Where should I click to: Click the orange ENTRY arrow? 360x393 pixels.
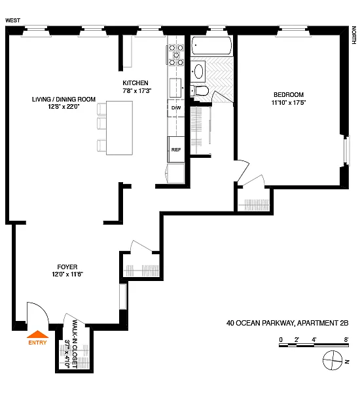(x=37, y=334)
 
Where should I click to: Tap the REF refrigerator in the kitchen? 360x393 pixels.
(x=176, y=149)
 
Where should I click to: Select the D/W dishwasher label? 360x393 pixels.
(x=176, y=108)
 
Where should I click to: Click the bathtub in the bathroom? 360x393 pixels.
(x=211, y=45)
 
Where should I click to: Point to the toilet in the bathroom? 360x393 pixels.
(x=200, y=91)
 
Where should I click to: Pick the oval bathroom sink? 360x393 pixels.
(x=199, y=71)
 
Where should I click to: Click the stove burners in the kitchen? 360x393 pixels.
(x=176, y=54)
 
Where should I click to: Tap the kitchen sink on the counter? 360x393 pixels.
(x=175, y=88)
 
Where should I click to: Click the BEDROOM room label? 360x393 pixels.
(x=289, y=95)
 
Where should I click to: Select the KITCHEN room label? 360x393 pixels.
(x=135, y=83)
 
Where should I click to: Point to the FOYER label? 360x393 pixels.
(x=67, y=267)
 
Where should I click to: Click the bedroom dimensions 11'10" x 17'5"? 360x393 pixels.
(x=289, y=103)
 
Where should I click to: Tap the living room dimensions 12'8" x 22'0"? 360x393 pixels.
(x=63, y=107)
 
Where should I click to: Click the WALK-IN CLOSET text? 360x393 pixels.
(x=75, y=344)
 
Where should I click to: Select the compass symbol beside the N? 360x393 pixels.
(x=333, y=360)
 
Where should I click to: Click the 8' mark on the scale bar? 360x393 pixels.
(x=346, y=340)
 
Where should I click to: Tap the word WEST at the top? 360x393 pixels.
(x=13, y=20)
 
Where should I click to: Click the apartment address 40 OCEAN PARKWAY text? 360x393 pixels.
(x=260, y=323)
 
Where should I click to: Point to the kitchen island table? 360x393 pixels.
(x=120, y=128)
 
